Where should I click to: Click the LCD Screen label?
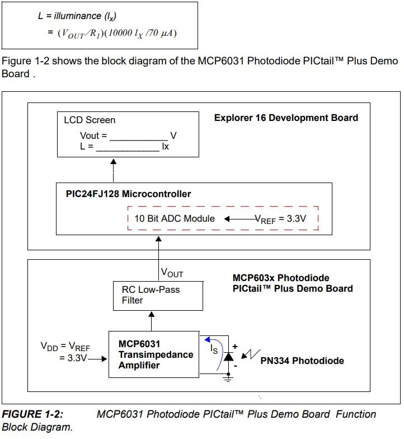click(90, 120)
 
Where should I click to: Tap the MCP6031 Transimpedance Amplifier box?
click(154, 354)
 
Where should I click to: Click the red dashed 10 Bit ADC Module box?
click(223, 219)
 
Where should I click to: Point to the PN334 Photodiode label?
click(302, 361)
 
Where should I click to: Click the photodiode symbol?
click(228, 357)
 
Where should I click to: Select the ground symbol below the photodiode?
click(228, 379)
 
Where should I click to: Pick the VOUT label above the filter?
click(172, 273)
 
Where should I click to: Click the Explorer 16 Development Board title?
click(286, 118)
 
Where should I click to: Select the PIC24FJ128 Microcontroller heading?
click(128, 194)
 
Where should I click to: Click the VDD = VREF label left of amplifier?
click(64, 345)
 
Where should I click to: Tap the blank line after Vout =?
click(138, 137)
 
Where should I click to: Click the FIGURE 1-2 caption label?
click(32, 414)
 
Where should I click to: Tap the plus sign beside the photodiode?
click(236, 347)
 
